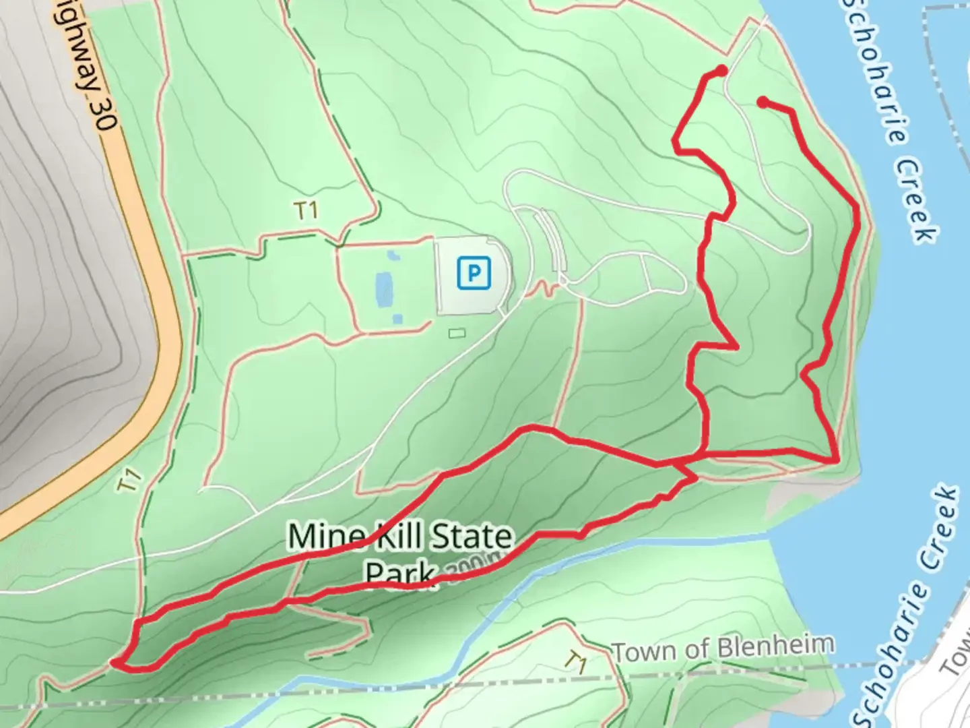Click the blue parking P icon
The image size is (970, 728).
click(x=474, y=274)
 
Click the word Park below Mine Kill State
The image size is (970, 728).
click(x=399, y=573)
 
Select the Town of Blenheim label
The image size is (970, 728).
click(x=723, y=648)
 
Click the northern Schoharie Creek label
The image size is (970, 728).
click(x=889, y=121)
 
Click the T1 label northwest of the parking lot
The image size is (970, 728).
click(x=306, y=212)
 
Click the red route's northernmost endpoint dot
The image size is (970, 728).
click(x=721, y=70)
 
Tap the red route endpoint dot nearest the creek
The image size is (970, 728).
click(x=763, y=102)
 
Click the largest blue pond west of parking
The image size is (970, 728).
click(x=383, y=290)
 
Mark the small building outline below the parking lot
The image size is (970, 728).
click(x=457, y=332)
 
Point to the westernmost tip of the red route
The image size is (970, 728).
click(x=115, y=663)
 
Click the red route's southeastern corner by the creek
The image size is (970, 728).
click(x=837, y=460)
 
